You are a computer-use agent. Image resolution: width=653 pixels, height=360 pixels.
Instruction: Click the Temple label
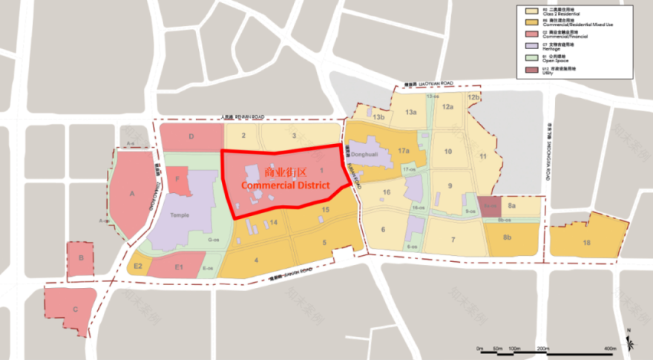click(180, 215)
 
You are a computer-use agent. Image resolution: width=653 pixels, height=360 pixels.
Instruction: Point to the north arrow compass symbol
click(630, 341)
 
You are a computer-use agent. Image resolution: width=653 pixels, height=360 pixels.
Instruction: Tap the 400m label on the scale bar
click(611, 349)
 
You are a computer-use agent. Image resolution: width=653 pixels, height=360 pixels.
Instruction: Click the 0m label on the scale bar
click(479, 349)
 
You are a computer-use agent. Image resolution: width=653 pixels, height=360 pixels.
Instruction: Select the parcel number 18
click(587, 243)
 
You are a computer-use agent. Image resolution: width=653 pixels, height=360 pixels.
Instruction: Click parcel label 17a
click(404, 151)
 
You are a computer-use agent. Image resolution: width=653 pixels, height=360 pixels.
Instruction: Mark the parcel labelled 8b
click(508, 238)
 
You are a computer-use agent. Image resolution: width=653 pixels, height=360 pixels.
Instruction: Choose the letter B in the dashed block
click(81, 258)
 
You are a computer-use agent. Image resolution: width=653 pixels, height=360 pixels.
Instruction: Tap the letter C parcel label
click(75, 311)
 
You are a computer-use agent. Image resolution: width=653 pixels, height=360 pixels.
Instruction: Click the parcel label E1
click(178, 266)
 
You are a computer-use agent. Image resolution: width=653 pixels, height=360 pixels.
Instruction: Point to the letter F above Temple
click(177, 178)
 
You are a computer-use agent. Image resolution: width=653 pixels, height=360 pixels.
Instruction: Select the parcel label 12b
click(474, 97)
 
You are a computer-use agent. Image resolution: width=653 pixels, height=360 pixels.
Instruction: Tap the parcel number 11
click(483, 155)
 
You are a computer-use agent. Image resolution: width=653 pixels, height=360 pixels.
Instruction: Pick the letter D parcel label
click(191, 137)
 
